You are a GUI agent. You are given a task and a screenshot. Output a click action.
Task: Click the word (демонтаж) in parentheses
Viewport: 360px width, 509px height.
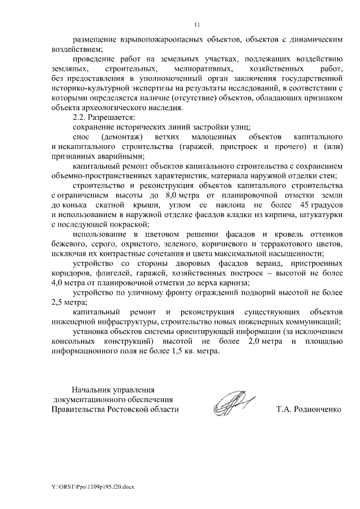pos(124,138)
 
